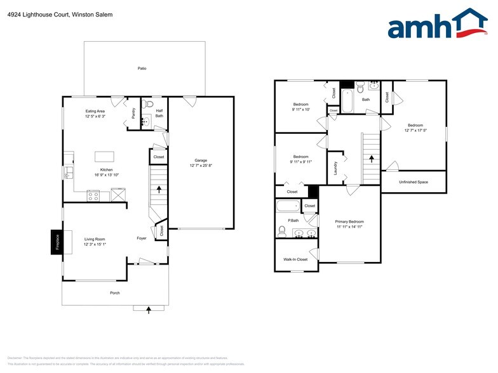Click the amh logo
coord(438,25)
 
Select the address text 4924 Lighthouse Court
coord(36,14)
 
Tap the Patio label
coord(142,68)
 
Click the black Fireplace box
coord(57,242)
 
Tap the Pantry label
coord(133,114)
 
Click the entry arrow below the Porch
coord(149,310)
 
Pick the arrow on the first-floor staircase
coord(159,189)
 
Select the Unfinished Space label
coord(414,182)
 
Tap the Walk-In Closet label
coord(295,259)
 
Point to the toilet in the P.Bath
coord(283,230)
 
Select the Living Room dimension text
coord(94,244)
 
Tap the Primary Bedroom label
coord(349,221)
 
